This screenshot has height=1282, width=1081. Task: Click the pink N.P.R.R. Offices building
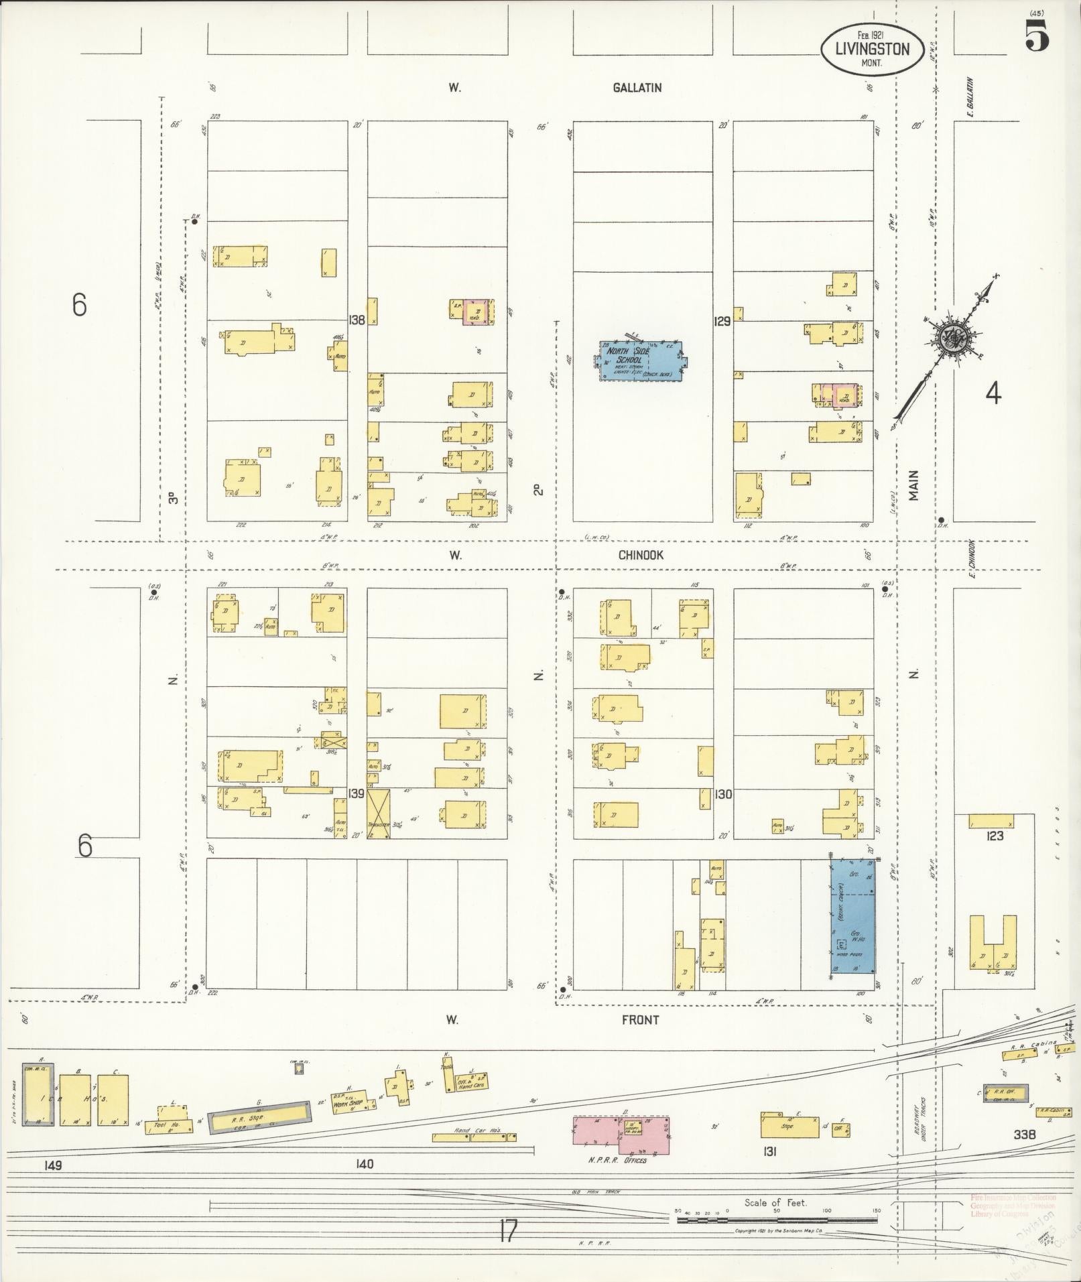[620, 1135]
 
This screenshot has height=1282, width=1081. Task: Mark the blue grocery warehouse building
[852, 915]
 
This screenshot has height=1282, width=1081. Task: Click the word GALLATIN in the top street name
[637, 88]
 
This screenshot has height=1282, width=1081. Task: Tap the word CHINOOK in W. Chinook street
[641, 555]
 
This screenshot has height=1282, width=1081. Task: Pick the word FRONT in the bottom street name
[639, 1020]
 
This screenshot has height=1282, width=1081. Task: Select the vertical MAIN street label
[914, 485]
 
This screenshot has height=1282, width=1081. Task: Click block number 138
[357, 320]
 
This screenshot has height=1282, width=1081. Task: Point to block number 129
[722, 322]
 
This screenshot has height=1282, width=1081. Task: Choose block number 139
[356, 793]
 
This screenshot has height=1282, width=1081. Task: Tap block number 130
[722, 794]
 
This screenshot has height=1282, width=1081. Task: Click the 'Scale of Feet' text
[775, 1202]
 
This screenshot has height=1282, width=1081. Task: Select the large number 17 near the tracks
[508, 1230]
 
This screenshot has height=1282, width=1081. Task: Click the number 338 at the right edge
[1025, 1135]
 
